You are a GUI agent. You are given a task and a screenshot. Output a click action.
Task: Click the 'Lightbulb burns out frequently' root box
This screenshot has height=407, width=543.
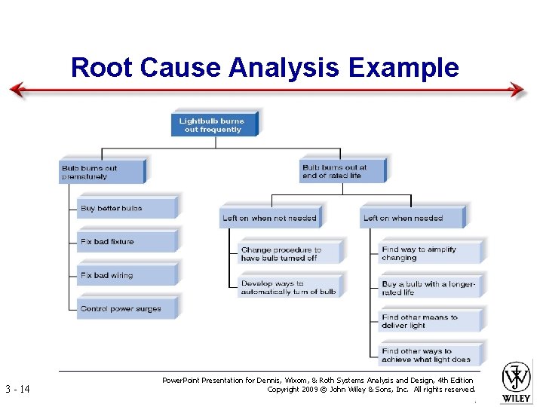coord(214,125)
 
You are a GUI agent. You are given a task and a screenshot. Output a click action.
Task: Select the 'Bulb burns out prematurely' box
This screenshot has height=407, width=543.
coord(101,173)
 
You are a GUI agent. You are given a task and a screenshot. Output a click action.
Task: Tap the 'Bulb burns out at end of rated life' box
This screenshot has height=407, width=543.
coord(342,172)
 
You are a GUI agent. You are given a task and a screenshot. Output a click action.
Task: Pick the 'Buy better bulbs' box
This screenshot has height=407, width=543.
coord(126,209)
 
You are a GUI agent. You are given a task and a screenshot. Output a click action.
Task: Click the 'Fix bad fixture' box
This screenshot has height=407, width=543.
coord(126,242)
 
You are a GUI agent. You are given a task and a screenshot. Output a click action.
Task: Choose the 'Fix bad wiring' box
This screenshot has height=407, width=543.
coord(126,275)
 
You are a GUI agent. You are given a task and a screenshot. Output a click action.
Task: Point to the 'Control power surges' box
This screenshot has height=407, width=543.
coord(126,308)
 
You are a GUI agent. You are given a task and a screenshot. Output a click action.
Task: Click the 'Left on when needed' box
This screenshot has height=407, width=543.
coord(411,218)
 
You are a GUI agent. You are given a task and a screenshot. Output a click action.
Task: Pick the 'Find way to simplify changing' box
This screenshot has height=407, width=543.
coord(431,253)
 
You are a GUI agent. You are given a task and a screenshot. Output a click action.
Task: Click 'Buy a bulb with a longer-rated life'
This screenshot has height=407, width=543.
coord(431,287)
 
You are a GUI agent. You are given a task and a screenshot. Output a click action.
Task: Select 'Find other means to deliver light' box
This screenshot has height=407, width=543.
coord(431,321)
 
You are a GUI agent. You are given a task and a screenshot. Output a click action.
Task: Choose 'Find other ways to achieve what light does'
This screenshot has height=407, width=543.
coord(431,355)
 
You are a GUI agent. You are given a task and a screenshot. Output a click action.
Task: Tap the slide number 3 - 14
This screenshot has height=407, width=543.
coord(18,390)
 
